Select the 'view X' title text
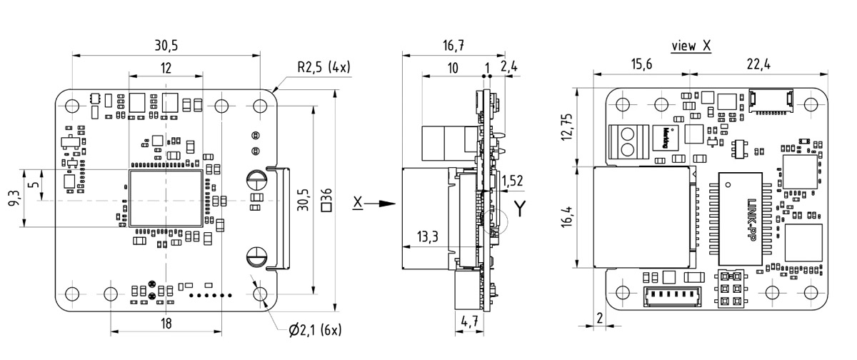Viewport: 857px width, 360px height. click(x=691, y=46)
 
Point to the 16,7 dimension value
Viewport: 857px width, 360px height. click(x=453, y=46)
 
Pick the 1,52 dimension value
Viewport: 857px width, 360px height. click(x=513, y=180)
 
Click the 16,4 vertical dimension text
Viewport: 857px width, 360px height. click(x=566, y=216)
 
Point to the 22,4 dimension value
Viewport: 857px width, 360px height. click(x=758, y=65)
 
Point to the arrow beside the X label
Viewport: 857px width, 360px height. click(x=386, y=204)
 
